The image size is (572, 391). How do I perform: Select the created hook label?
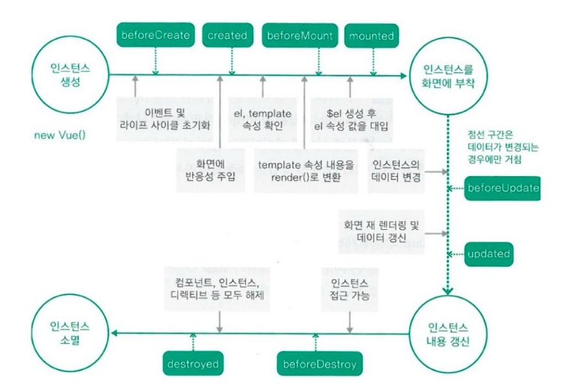pos(227,36)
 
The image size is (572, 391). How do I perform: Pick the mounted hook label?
pos(371,36)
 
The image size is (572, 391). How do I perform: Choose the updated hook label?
pos(488,254)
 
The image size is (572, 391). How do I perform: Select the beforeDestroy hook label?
pos(320,364)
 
